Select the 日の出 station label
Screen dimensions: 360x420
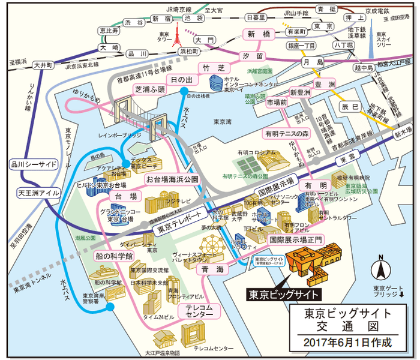181,80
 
